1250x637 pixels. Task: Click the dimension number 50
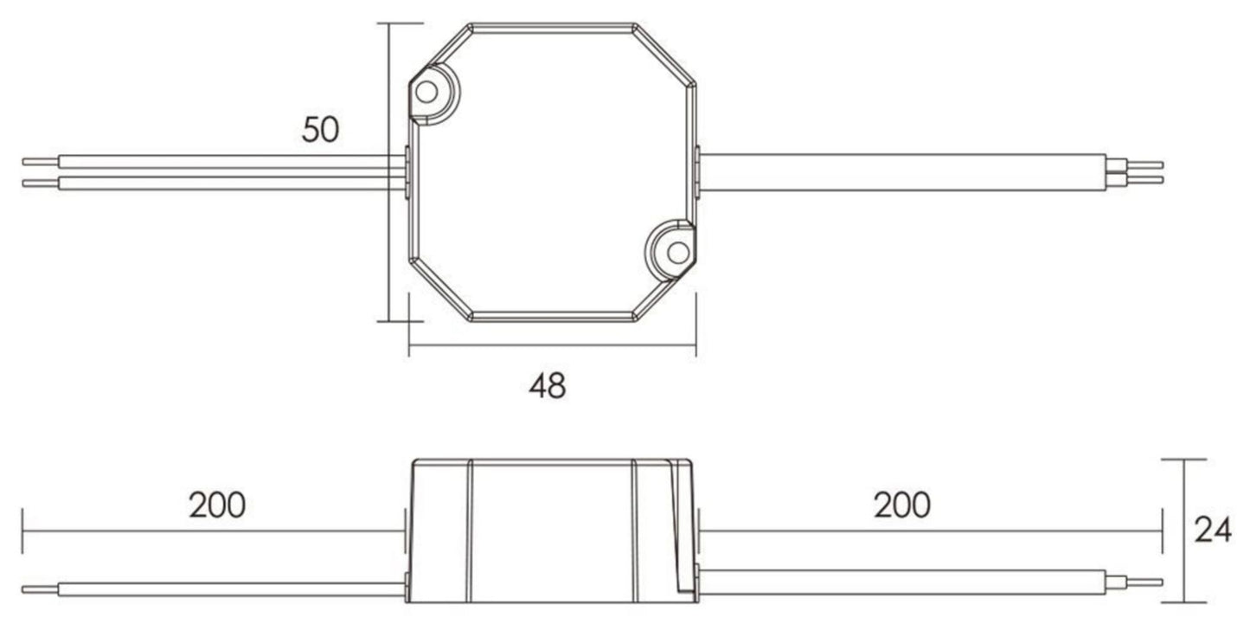coord(320,130)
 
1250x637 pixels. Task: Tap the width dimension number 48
coord(547,386)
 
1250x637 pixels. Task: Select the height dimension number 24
coord(1212,530)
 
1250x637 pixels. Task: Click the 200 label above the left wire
coord(217,505)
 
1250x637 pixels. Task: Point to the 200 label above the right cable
coord(901,505)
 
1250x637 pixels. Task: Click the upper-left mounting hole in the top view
coord(426,91)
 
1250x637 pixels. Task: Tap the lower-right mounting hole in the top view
coord(677,252)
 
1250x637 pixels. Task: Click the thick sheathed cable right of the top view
coord(900,172)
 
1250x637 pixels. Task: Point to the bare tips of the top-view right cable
coord(1145,172)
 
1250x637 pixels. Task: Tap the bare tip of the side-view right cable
coord(1145,582)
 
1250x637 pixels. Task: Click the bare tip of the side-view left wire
coord(39,590)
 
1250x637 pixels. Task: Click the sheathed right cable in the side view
coord(900,582)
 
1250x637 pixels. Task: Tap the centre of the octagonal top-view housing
coord(552,172)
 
